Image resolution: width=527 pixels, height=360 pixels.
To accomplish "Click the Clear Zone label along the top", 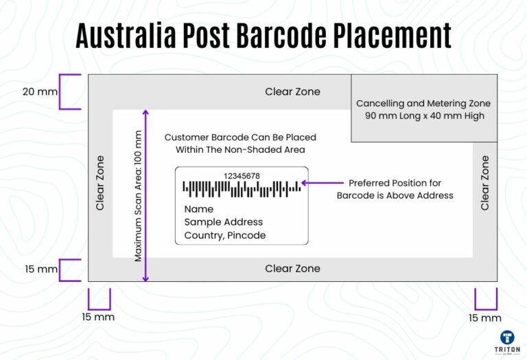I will pos(292,92).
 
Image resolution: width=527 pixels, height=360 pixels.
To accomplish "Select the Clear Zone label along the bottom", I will pos(292,268).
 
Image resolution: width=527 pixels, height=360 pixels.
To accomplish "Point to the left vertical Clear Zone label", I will pos(100,182).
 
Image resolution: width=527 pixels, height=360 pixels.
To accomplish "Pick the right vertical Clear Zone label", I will pos(485,182).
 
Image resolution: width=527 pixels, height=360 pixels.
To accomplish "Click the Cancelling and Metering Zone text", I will pos(423,104).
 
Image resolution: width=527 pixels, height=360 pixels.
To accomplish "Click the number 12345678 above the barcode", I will pos(242,176).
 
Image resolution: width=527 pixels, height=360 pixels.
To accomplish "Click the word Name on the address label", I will pos(199,209).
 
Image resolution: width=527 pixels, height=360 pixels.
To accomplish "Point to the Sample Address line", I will pos(224,222).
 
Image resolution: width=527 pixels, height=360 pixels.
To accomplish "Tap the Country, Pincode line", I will pos(225,235).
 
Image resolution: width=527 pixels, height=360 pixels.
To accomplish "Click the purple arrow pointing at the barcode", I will pos(322,183).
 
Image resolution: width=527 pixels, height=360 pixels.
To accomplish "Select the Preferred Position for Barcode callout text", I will pos(395,189).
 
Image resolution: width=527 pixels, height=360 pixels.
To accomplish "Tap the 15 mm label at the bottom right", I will pos(485,318).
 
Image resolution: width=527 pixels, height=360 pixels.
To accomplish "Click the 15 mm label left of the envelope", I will pos(40,269).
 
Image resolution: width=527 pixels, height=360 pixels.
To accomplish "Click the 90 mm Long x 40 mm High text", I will pos(423,116).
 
